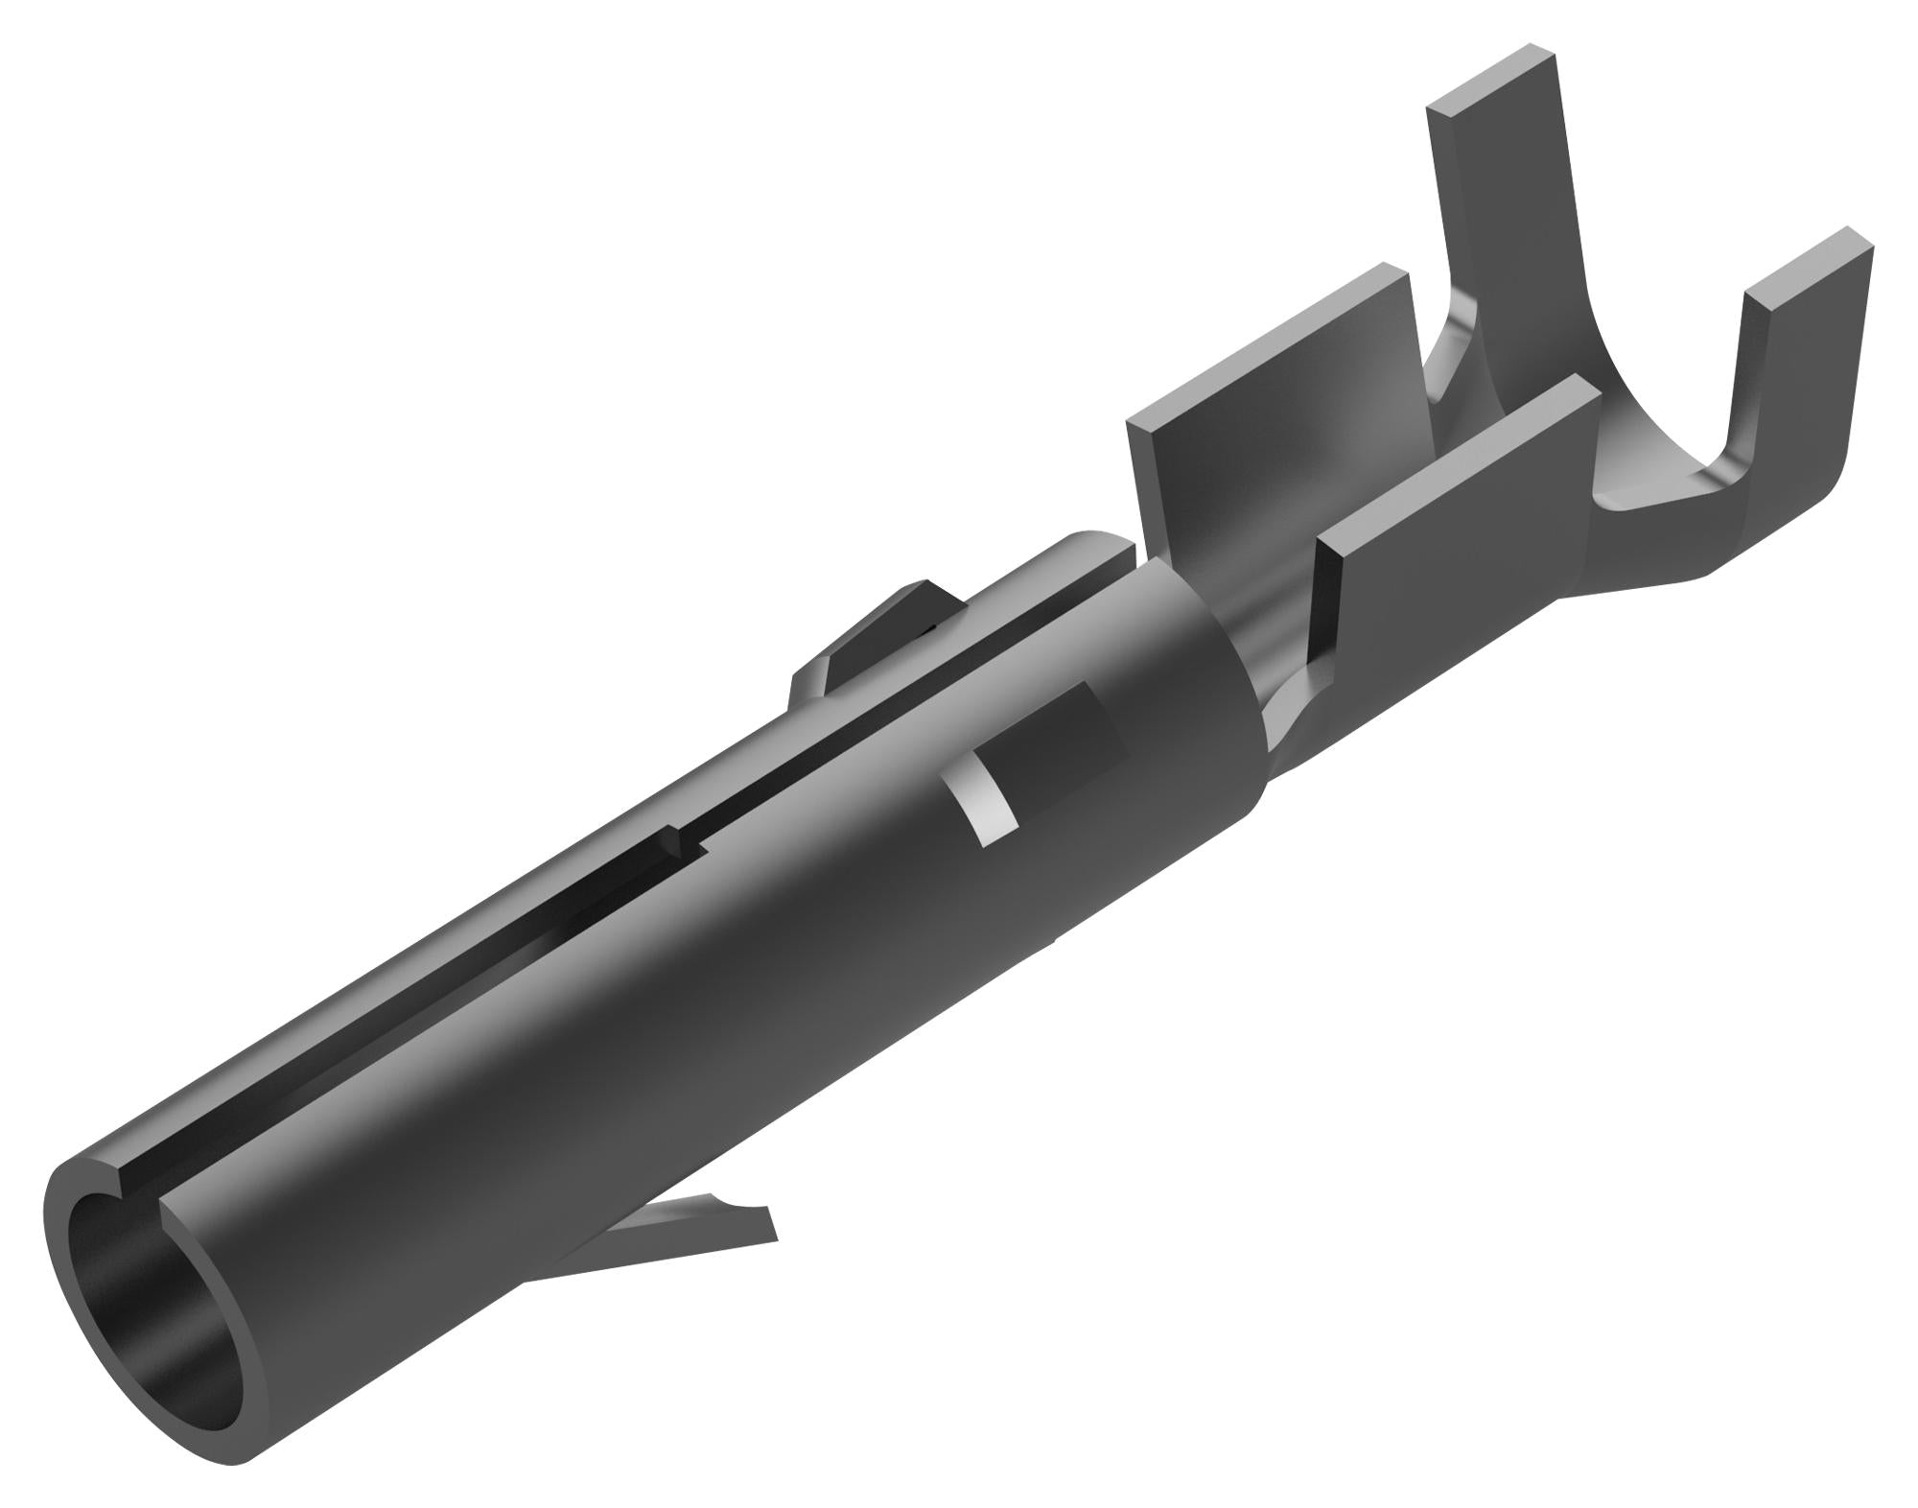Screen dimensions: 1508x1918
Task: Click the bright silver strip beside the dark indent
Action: (x=983, y=801)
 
